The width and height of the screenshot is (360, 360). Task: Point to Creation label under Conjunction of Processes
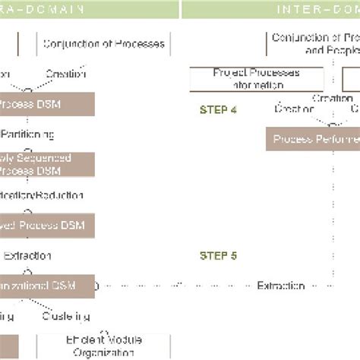tap(65, 74)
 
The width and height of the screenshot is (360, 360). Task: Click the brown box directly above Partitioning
tap(47, 104)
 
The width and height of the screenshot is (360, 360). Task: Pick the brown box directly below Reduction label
tap(47, 225)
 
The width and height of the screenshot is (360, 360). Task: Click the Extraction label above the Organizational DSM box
tap(27, 256)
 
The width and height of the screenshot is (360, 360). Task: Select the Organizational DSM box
tap(47, 286)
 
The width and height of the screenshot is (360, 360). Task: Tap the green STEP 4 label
tap(218, 109)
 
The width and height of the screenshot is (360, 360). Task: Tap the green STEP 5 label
tap(218, 255)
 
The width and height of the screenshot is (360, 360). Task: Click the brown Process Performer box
tap(312, 139)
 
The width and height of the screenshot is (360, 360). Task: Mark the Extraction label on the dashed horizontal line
tap(281, 286)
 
